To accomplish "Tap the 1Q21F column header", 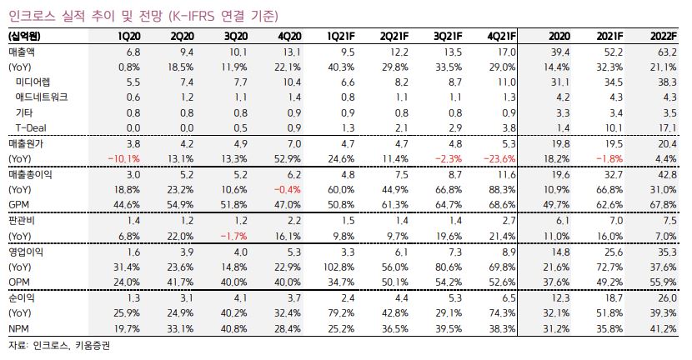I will [345, 37].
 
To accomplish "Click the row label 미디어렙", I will [35, 82].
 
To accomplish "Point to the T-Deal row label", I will [30, 127].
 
